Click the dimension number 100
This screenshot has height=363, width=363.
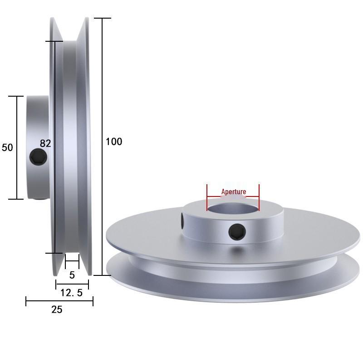coord(114,142)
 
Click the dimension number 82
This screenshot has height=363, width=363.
coord(45,143)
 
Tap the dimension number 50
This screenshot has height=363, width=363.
coord(7,147)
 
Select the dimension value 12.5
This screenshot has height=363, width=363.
coord(72,293)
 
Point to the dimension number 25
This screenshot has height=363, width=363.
coord(57,310)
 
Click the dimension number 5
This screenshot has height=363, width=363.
coord(72,275)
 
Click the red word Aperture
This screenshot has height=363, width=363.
coord(234,191)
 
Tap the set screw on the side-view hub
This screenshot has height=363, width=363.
coord(38,157)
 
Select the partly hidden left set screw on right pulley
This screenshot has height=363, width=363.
coord(182,221)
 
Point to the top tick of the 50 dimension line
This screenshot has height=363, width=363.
coord(17,96)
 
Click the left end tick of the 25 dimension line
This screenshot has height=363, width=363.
coord(26,301)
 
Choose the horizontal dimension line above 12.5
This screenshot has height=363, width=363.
coord(72,285)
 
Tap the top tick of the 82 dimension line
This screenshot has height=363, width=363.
coord(54,41)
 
